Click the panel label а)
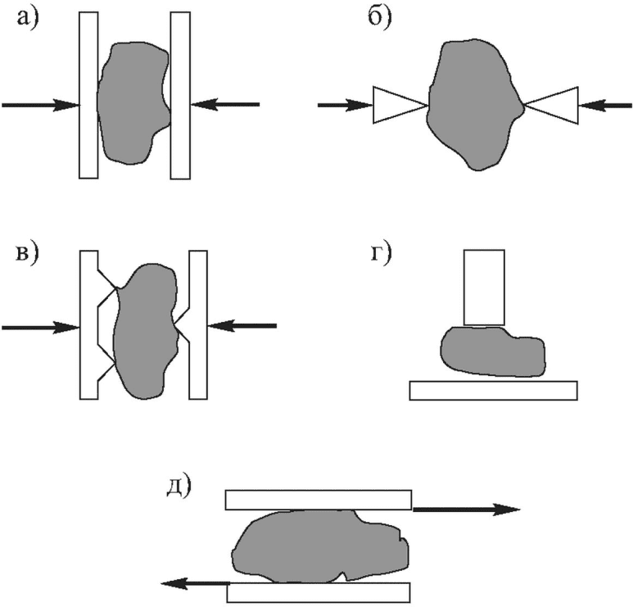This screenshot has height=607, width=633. tap(30, 19)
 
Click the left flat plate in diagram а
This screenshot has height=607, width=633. tap(88, 94)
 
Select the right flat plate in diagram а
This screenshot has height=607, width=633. tap(180, 94)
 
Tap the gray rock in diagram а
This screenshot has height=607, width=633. tap(131, 102)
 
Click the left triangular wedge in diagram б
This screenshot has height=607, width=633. tap(397, 105)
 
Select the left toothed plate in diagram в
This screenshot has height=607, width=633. tap(88, 326)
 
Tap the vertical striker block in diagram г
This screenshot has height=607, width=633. tap(484, 287)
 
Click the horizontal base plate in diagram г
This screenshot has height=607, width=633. tap(493, 390)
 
